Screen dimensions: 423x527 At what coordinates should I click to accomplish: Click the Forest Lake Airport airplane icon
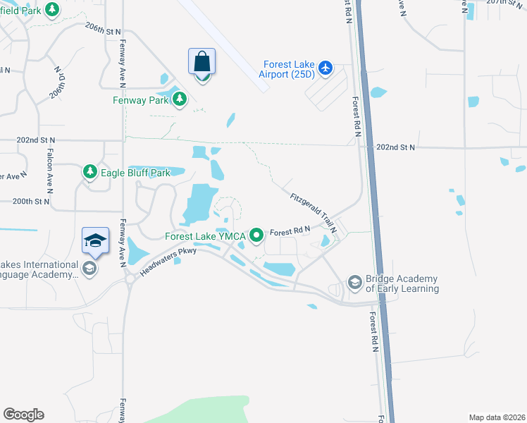coord(325,68)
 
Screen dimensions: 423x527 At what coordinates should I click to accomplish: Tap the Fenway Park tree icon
coord(180,99)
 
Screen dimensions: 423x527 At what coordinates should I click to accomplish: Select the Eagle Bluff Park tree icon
coord(89,171)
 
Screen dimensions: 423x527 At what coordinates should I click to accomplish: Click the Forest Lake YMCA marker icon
coord(257,235)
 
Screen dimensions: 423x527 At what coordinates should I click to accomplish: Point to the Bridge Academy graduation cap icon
coord(354,283)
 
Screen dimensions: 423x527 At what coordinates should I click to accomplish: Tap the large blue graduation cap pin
coord(96,241)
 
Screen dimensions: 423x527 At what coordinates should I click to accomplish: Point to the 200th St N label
coord(32,202)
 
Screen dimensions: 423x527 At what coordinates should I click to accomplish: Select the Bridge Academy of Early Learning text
coord(402,284)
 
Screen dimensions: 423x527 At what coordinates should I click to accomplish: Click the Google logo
coord(23,414)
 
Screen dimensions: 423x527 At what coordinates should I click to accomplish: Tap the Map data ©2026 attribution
coord(497,417)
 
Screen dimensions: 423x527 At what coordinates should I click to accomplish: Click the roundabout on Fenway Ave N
coord(129,278)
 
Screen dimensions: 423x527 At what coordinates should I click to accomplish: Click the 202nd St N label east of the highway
coord(396,147)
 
